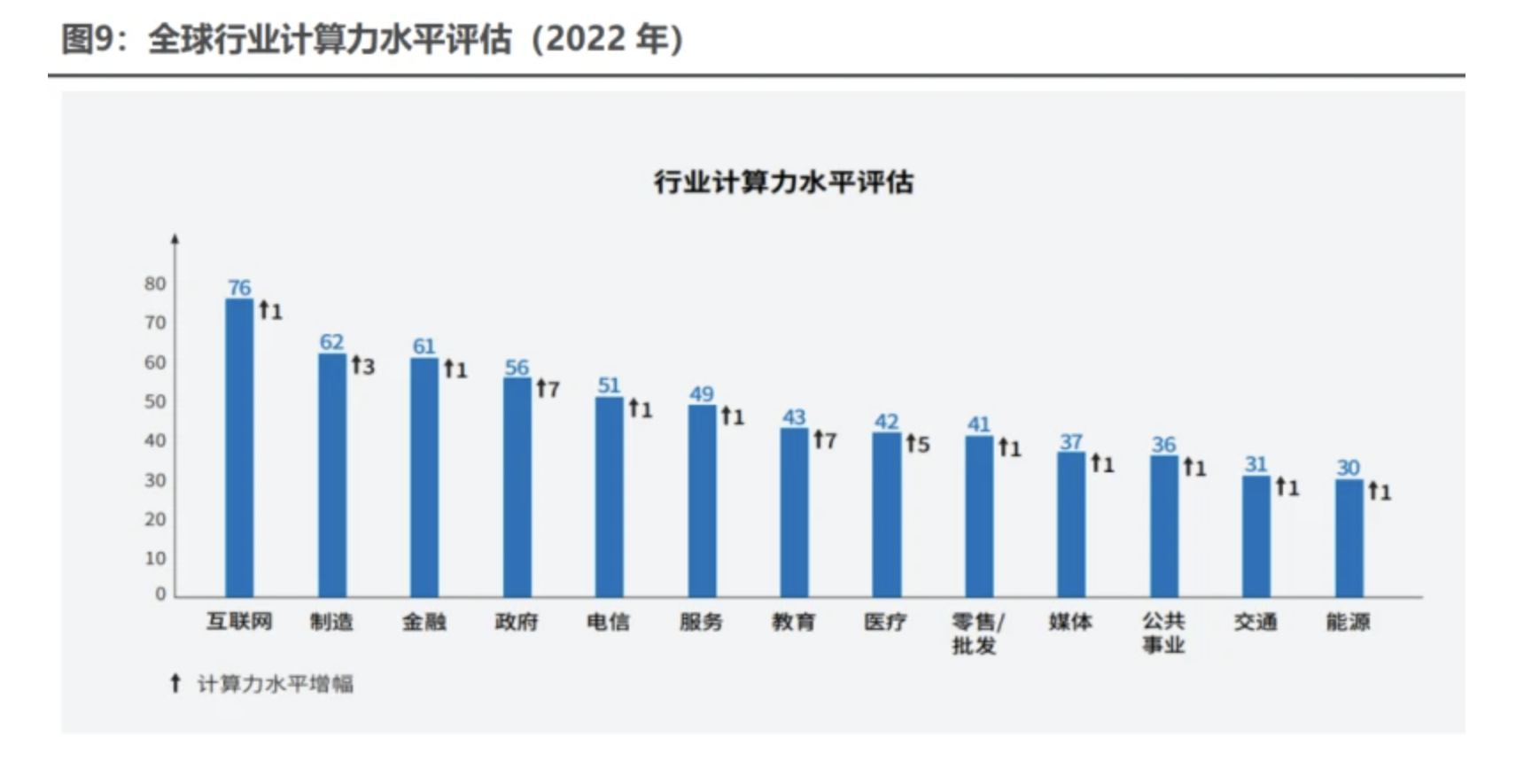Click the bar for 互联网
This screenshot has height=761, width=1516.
[239, 447]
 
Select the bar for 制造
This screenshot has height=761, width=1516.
[332, 475]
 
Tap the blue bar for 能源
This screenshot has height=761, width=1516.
[1349, 538]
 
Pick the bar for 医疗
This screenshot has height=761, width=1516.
[886, 514]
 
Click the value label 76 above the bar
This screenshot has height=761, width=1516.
[239, 288]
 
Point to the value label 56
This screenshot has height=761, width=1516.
[517, 367]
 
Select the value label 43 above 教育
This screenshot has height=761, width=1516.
[794, 417]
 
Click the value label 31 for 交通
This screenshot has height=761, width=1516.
[1256, 464]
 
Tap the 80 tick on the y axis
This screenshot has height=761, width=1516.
[155, 283]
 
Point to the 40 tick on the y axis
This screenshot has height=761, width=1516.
[155, 440]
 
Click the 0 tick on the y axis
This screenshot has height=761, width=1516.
[160, 594]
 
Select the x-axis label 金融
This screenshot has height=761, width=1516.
[424, 622]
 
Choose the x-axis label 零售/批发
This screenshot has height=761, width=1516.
[977, 633]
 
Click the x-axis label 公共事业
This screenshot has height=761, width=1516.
[1163, 633]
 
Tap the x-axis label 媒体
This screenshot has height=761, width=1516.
[1070, 622]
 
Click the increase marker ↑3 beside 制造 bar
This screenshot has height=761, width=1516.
[363, 365]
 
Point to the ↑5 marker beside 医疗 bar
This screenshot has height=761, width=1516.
[918, 444]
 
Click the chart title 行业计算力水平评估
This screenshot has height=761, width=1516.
[783, 182]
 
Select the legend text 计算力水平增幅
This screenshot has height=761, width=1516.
[275, 684]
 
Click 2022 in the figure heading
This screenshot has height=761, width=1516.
[586, 39]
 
